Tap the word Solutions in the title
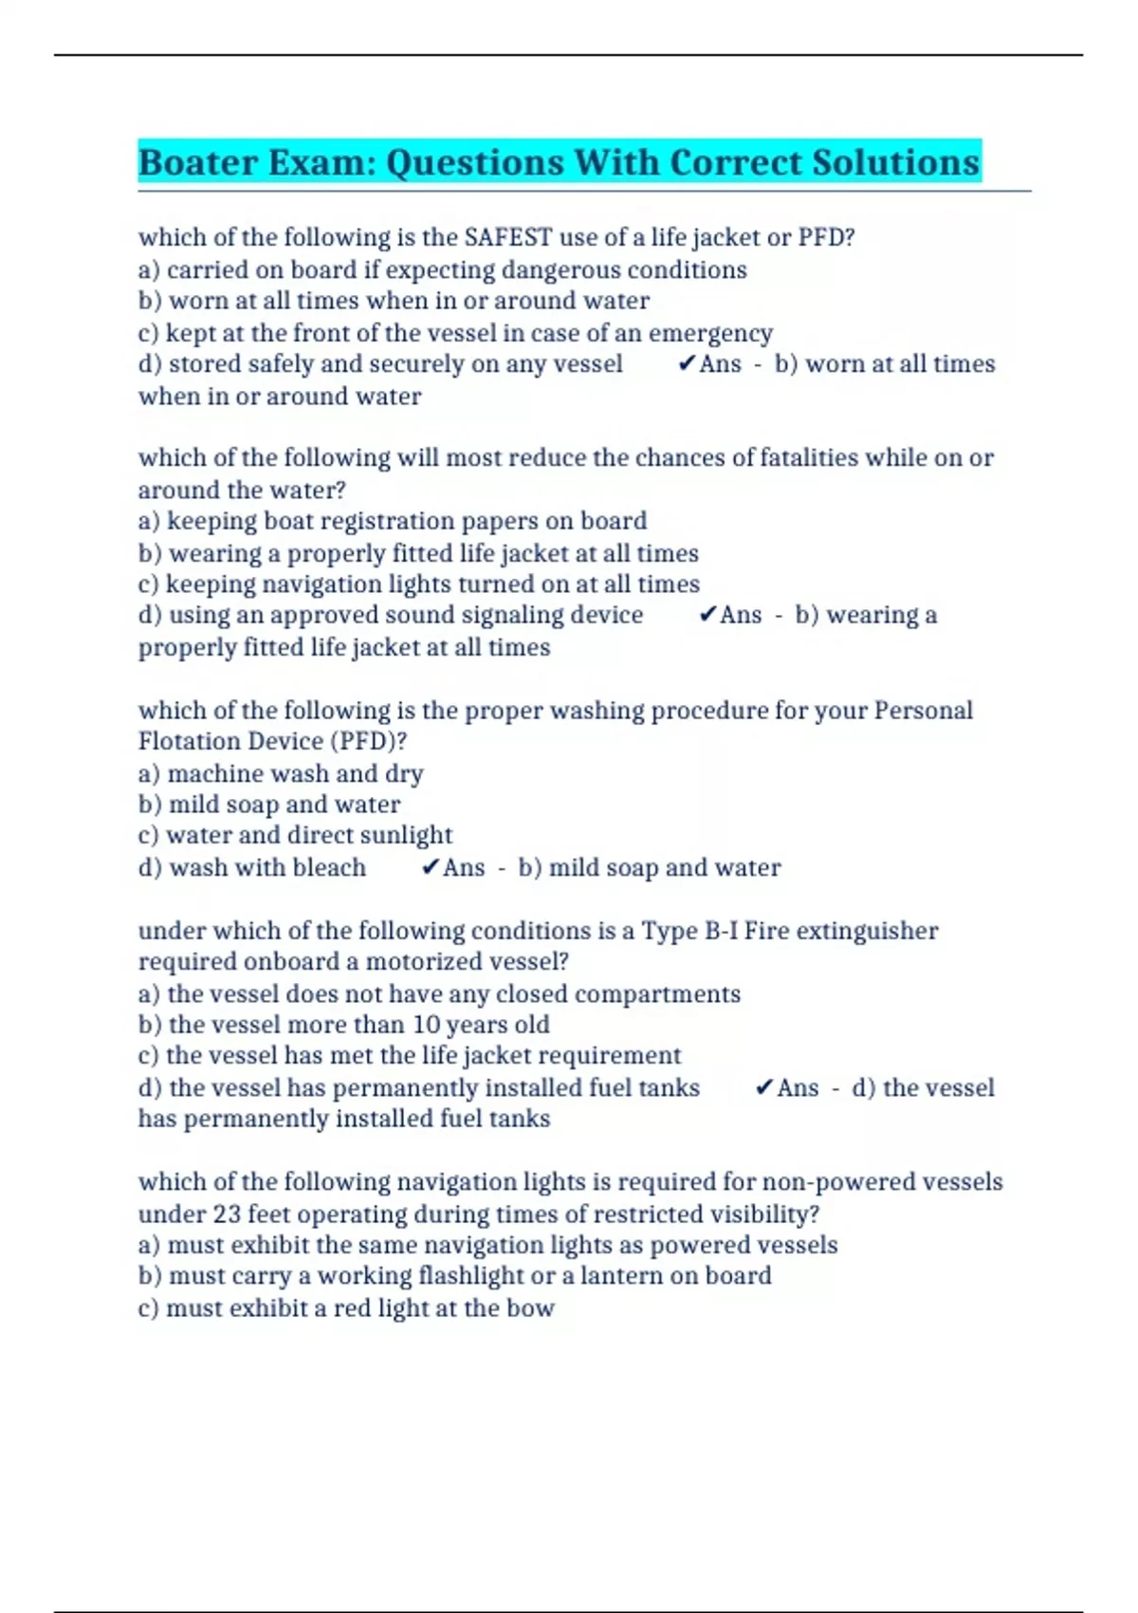pyautogui.click(x=895, y=162)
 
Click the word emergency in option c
pyautogui.click(x=710, y=334)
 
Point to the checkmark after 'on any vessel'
pyautogui.click(x=687, y=364)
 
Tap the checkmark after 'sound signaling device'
pyautogui.click(x=707, y=615)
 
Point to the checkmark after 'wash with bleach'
pyautogui.click(x=431, y=867)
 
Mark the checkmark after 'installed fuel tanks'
pyautogui.click(x=764, y=1088)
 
